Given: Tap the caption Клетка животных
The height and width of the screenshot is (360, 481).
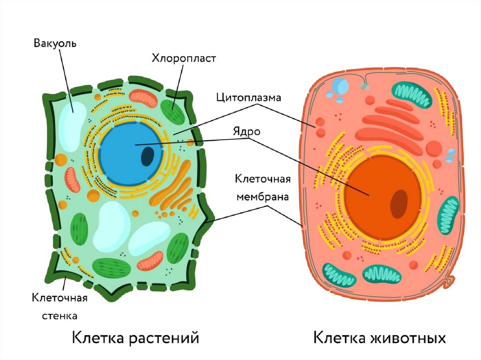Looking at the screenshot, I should pyautogui.click(x=379, y=338).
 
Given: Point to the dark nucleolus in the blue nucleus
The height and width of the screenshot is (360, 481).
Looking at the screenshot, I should pyautogui.click(x=148, y=156).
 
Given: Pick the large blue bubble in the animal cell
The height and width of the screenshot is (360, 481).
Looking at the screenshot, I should pyautogui.click(x=341, y=86).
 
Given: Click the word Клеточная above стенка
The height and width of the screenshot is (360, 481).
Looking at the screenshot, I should pyautogui.click(x=60, y=298).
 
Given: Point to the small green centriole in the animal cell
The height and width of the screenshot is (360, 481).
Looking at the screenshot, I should pyautogui.click(x=365, y=86).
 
